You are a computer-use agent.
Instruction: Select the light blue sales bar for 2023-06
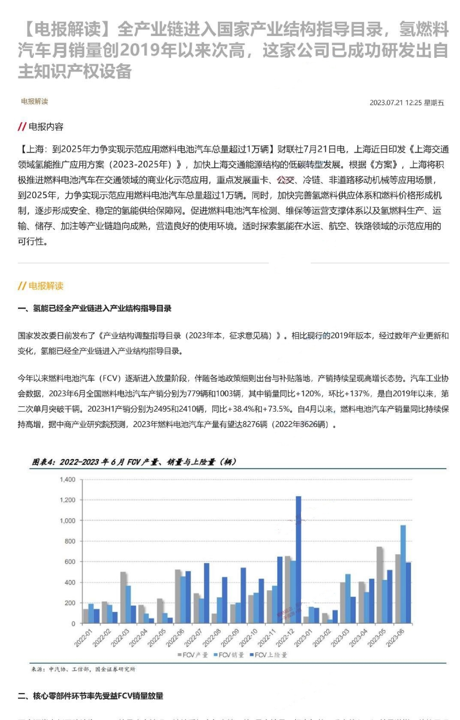pos(403,574)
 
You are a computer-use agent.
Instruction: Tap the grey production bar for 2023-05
pos(379,585)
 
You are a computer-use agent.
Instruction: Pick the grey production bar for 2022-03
pos(123,597)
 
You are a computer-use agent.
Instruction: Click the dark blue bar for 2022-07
pos(207,593)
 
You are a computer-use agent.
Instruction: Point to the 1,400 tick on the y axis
pos(68,480)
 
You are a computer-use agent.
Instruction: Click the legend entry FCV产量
pos(192,655)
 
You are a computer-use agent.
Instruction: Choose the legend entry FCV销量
pos(228,655)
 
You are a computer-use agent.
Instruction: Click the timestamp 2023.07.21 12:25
pos(406,103)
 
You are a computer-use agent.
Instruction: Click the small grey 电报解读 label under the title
pos(35,102)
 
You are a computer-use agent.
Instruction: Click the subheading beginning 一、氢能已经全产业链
pos(94,309)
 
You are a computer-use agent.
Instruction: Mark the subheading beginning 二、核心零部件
pos(90,696)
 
